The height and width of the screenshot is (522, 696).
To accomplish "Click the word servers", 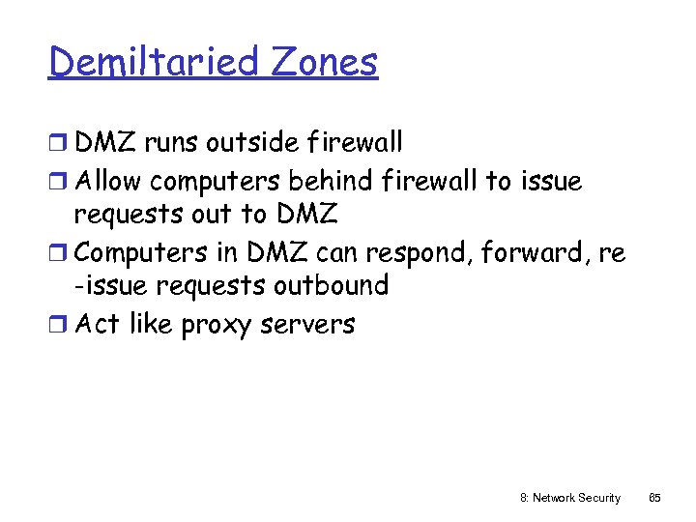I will coord(306,325).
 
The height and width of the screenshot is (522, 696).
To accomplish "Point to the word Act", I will coord(97,324).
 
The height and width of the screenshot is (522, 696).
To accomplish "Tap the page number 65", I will coord(654,498).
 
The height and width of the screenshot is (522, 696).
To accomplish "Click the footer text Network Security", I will coord(577,498).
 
